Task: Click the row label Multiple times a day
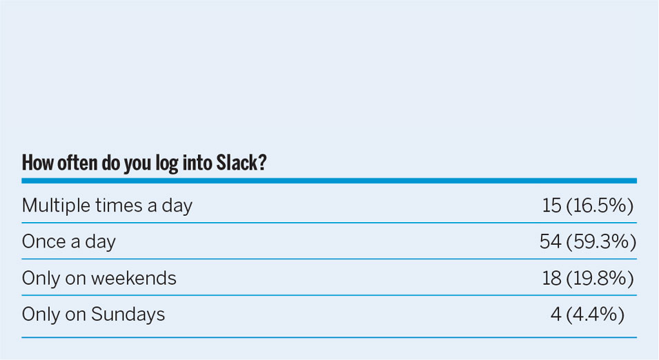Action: point(107,206)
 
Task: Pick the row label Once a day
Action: point(68,242)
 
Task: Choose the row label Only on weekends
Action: point(99,278)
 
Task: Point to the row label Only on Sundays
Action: point(93,314)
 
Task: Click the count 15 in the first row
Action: point(551,206)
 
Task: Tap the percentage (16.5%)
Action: point(600,206)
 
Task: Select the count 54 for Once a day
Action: point(551,242)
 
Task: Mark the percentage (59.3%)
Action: point(601,242)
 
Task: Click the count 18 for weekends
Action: point(551,278)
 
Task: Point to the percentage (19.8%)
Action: point(600,278)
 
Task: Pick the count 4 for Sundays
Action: point(555,314)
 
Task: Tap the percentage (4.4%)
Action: point(595,314)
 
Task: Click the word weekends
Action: point(134,278)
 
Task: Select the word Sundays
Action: point(128,314)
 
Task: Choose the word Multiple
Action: point(56,206)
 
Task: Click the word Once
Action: point(43,242)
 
